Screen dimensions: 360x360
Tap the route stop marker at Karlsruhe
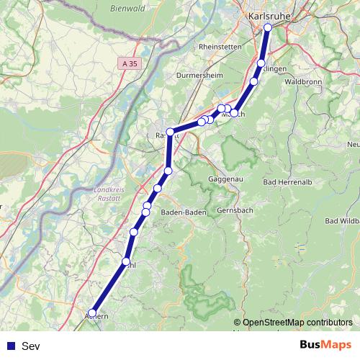tap(268, 28)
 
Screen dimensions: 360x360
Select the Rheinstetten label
tap(219, 46)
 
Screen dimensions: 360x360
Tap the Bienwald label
tap(127, 9)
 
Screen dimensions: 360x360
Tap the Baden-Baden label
tap(184, 212)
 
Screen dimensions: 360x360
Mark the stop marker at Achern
tap(92, 313)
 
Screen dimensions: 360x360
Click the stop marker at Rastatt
tap(171, 132)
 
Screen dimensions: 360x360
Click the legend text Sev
tap(30, 346)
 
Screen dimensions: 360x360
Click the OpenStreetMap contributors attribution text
tap(297, 323)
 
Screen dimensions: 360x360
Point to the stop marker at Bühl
tap(127, 261)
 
